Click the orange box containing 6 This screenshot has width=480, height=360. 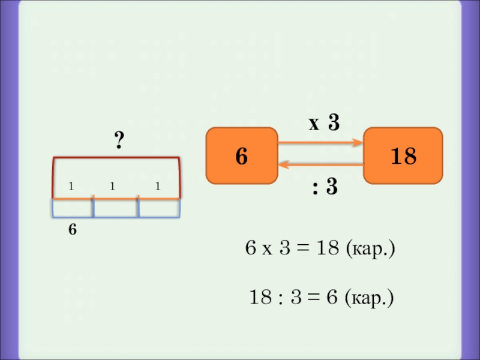241,155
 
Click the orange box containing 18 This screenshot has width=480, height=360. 403,155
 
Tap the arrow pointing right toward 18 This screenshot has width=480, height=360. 321,143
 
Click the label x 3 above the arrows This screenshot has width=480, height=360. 324,124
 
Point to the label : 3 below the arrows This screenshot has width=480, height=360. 324,188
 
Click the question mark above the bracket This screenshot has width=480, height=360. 119,142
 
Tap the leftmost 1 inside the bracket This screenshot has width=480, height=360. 71,187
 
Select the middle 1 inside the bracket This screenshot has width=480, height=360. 112,187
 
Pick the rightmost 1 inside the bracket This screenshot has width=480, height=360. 157,187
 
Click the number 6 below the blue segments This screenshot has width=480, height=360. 72,229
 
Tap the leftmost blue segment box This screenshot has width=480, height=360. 72,208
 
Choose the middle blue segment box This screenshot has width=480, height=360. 116,208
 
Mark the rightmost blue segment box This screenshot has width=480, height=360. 159,208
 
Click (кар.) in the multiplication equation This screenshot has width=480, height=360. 370,249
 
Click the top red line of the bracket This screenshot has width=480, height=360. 116,158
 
